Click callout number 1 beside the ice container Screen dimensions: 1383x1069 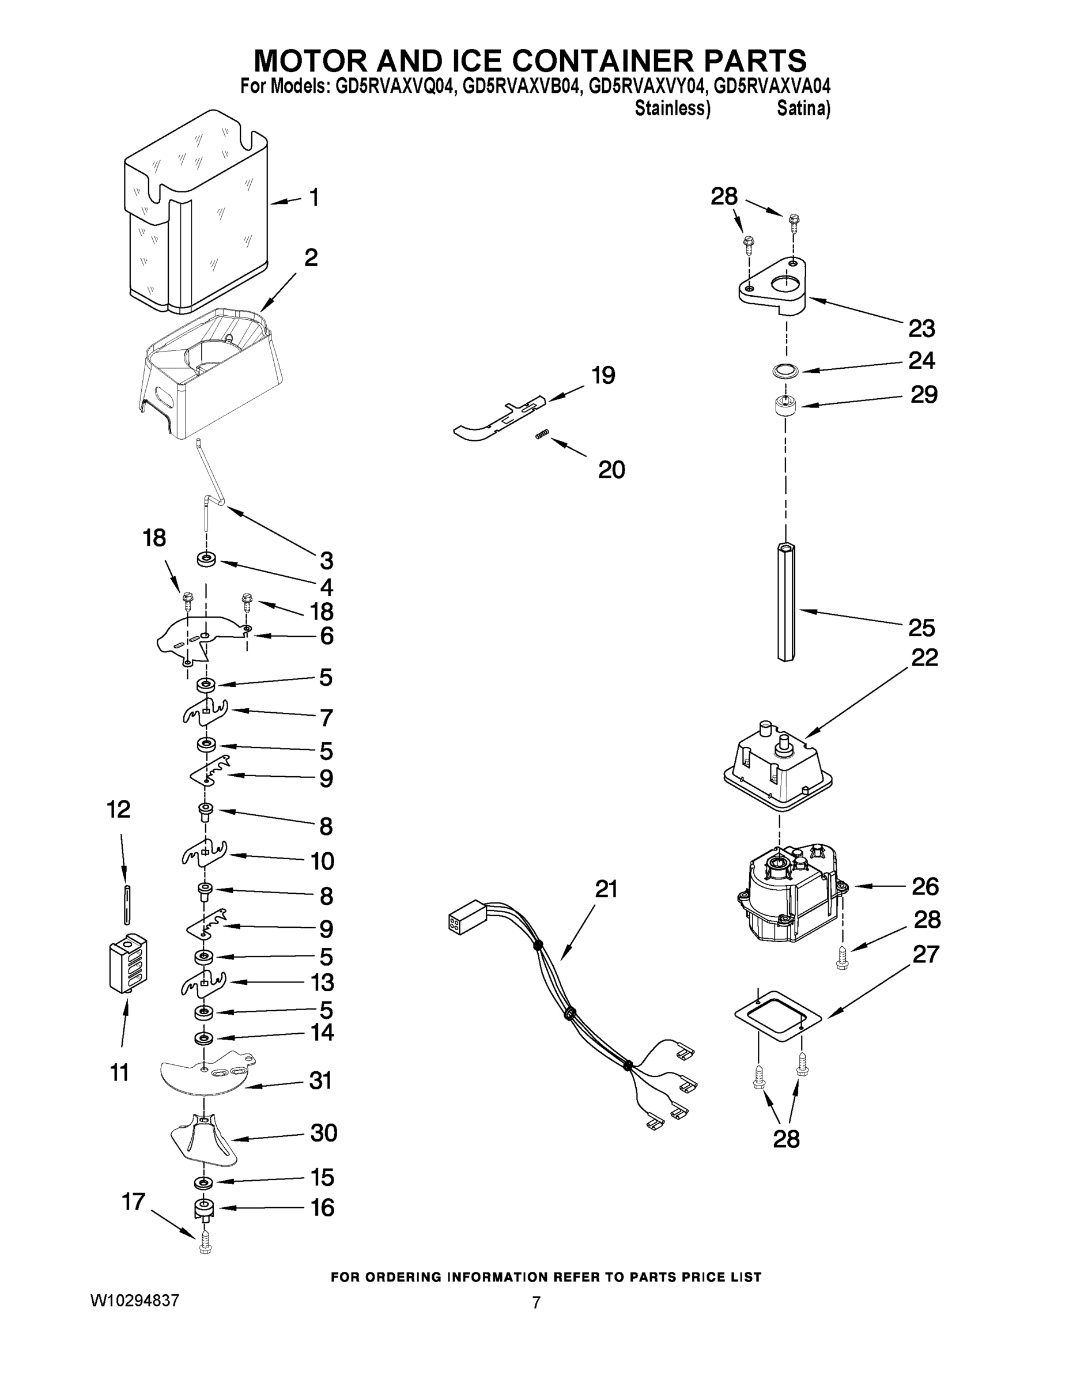pyautogui.click(x=314, y=198)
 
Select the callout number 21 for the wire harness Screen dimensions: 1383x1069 pyautogui.click(x=606, y=889)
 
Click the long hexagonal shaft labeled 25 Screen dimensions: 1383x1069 pyautogui.click(x=785, y=602)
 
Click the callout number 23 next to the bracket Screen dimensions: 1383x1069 pyautogui.click(x=921, y=328)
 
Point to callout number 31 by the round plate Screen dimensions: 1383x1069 pyautogui.click(x=320, y=1080)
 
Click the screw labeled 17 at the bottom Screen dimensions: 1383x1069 pyautogui.click(x=205, y=1244)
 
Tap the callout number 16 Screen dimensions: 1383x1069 pyautogui.click(x=322, y=1208)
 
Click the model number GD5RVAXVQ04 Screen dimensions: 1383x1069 pyautogui.click(x=395, y=87)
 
